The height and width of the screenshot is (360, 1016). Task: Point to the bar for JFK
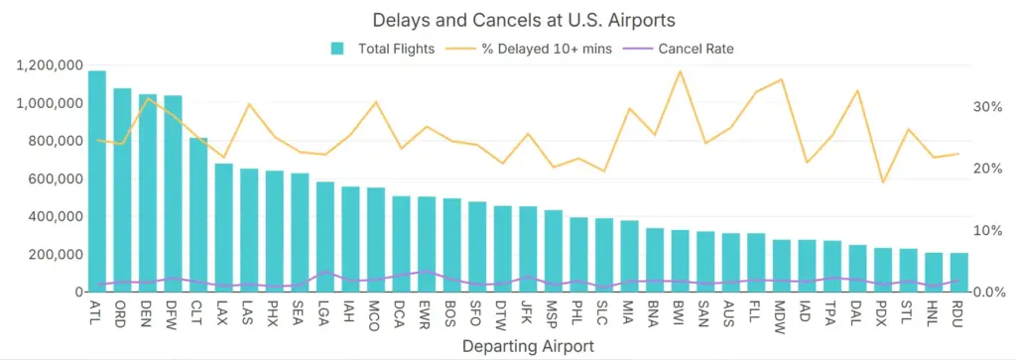pyautogui.click(x=528, y=249)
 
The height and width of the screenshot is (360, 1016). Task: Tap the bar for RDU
pyautogui.click(x=958, y=273)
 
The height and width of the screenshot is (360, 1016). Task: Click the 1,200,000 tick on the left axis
pyautogui.click(x=49, y=65)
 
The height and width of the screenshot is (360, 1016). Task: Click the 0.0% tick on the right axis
pyautogui.click(x=988, y=293)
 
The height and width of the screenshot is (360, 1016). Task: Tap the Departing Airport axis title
pyautogui.click(x=528, y=346)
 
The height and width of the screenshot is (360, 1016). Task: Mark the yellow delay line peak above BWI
pyautogui.click(x=680, y=71)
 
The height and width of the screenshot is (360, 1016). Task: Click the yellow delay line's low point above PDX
pyautogui.click(x=882, y=182)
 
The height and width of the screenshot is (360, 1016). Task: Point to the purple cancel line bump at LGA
pyautogui.click(x=325, y=272)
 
